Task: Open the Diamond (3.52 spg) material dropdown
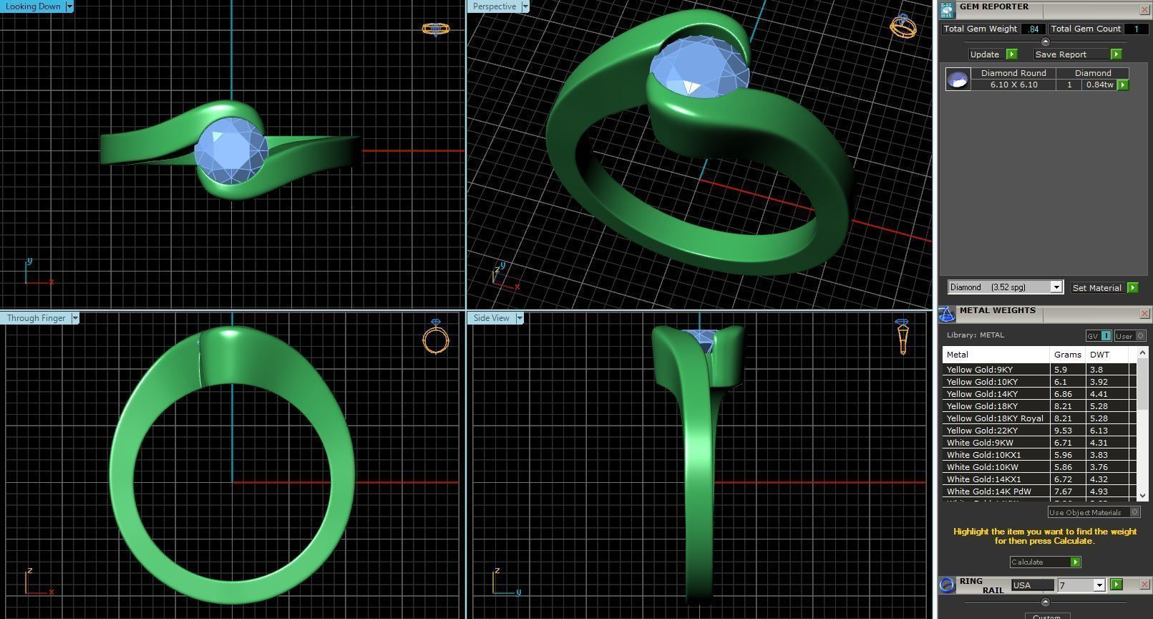[1056, 287]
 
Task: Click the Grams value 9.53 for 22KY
[1061, 431]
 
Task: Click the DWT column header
[1099, 355]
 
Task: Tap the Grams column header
[1067, 355]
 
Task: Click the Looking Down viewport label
[33, 6]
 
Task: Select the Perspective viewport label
[494, 6]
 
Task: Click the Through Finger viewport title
[36, 318]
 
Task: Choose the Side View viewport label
[491, 318]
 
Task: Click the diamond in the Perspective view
[699, 68]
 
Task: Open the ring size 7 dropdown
[1099, 585]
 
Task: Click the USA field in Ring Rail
[1031, 585]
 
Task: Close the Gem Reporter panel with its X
[1144, 9]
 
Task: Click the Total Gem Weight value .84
[1033, 29]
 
